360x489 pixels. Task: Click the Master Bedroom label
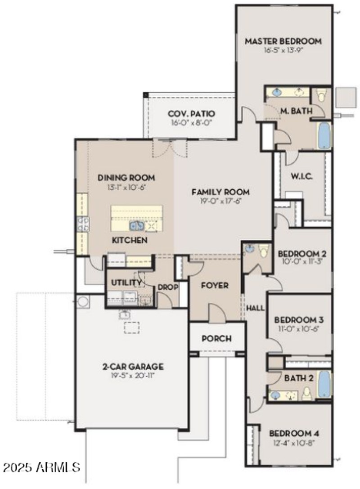[283, 41]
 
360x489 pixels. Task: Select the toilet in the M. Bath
[321, 95]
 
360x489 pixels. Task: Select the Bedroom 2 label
[302, 253]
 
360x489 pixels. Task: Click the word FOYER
[214, 286]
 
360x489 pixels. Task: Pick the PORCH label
[216, 338]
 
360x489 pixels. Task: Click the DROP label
[167, 287]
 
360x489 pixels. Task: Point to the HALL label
[255, 308]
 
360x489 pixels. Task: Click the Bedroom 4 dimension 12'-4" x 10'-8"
[294, 443]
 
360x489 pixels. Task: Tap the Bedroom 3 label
[299, 320]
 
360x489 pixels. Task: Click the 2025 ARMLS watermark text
[41, 467]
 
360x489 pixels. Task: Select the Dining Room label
[126, 177]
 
